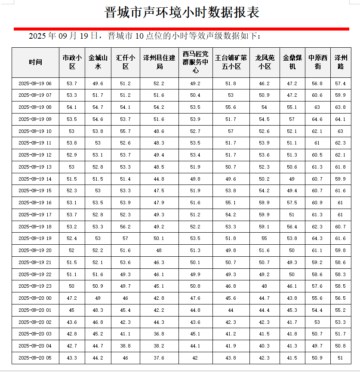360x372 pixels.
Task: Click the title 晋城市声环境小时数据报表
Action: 182,12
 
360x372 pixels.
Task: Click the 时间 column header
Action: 36,62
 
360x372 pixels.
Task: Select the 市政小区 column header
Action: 72,62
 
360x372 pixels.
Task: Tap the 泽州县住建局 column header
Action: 159,62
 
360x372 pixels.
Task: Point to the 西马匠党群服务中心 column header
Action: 195,62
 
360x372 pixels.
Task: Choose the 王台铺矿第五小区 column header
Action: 231,62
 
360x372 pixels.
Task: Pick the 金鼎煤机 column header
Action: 292,62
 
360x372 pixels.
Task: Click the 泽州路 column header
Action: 341,62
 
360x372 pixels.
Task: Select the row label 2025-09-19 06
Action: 36,83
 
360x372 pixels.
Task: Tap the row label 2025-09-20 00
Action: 36,298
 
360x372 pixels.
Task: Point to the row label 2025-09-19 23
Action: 36,286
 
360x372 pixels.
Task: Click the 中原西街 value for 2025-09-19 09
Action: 317,119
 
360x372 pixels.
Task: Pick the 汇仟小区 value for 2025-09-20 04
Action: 125,346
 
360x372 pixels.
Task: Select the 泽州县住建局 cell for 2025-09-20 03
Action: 159,334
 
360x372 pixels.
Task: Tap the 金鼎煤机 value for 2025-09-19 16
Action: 292,203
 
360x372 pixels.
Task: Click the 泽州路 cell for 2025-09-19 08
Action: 341,107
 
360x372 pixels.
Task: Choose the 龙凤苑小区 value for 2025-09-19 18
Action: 265,227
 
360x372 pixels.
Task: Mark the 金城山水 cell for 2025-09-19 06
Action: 98,83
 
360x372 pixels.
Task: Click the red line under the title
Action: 181,29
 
